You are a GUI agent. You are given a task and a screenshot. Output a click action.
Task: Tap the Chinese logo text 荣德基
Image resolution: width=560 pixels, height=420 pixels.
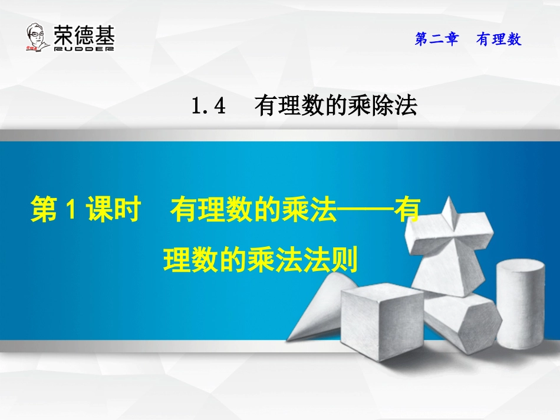(x=84, y=34)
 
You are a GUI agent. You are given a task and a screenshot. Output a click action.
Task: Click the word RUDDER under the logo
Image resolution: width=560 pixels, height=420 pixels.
(x=84, y=49)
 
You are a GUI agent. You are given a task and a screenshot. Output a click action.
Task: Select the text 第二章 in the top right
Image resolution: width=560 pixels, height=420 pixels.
(x=437, y=39)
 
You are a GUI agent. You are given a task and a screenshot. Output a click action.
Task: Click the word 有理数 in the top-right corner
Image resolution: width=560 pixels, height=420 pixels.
(x=499, y=39)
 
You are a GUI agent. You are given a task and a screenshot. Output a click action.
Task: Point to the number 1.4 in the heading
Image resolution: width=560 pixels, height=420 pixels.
(x=209, y=106)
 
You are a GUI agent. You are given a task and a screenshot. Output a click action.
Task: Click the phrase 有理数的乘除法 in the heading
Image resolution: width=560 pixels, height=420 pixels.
(x=335, y=106)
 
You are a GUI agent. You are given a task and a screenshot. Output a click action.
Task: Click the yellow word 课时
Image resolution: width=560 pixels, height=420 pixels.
(x=111, y=211)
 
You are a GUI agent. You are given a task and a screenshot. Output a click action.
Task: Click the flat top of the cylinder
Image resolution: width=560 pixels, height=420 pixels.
(x=520, y=267)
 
